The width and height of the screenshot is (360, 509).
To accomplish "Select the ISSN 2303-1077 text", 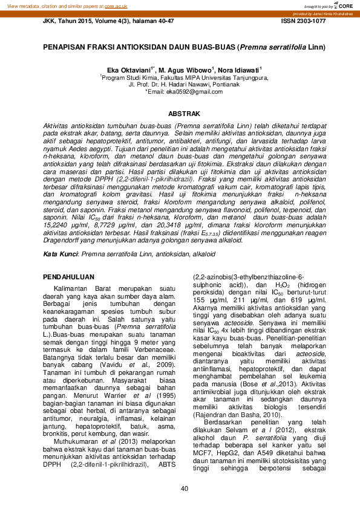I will (x=303, y=21).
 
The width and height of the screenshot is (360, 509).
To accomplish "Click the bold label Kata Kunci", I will (x=60, y=255).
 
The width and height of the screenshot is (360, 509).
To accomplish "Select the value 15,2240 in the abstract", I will (x=56, y=225).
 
